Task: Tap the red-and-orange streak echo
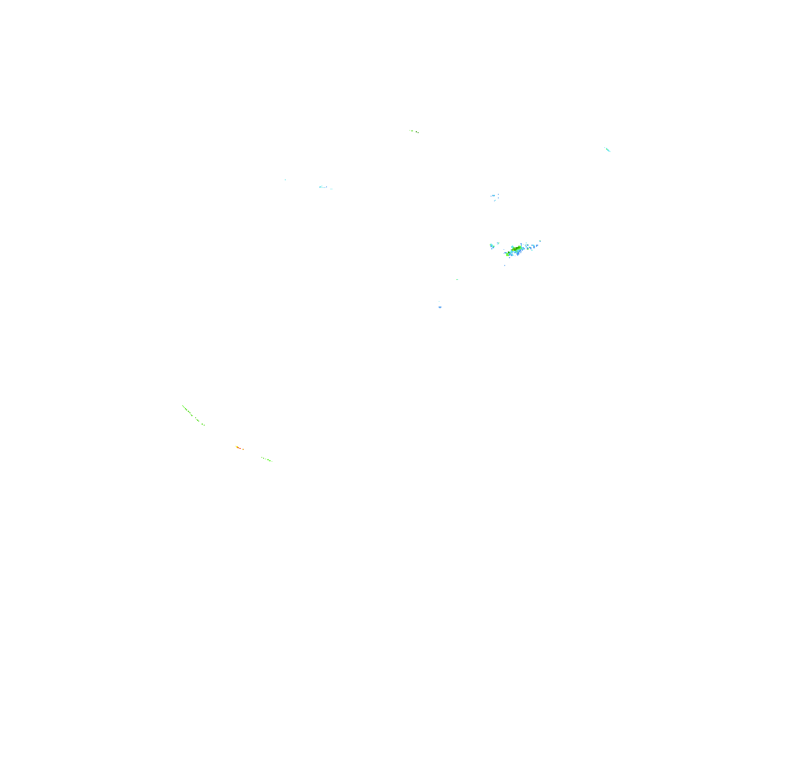coord(239,448)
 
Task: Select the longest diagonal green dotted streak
coord(193,415)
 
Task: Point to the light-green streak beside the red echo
coord(267,459)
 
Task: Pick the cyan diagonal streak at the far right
coord(607,150)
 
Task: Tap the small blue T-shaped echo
coord(440,307)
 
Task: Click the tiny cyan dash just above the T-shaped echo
coord(439,301)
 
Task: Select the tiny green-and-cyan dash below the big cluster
coord(457,279)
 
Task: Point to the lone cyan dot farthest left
coord(285,180)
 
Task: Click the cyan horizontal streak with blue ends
coord(323,187)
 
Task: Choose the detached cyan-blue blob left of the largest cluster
coord(492,246)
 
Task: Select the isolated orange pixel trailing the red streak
coord(243,449)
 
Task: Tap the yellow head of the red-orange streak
coord(237,447)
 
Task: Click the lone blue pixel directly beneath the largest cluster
coord(505,266)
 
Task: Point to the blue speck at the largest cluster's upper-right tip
coord(540,241)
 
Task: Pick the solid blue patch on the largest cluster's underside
coord(518,253)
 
